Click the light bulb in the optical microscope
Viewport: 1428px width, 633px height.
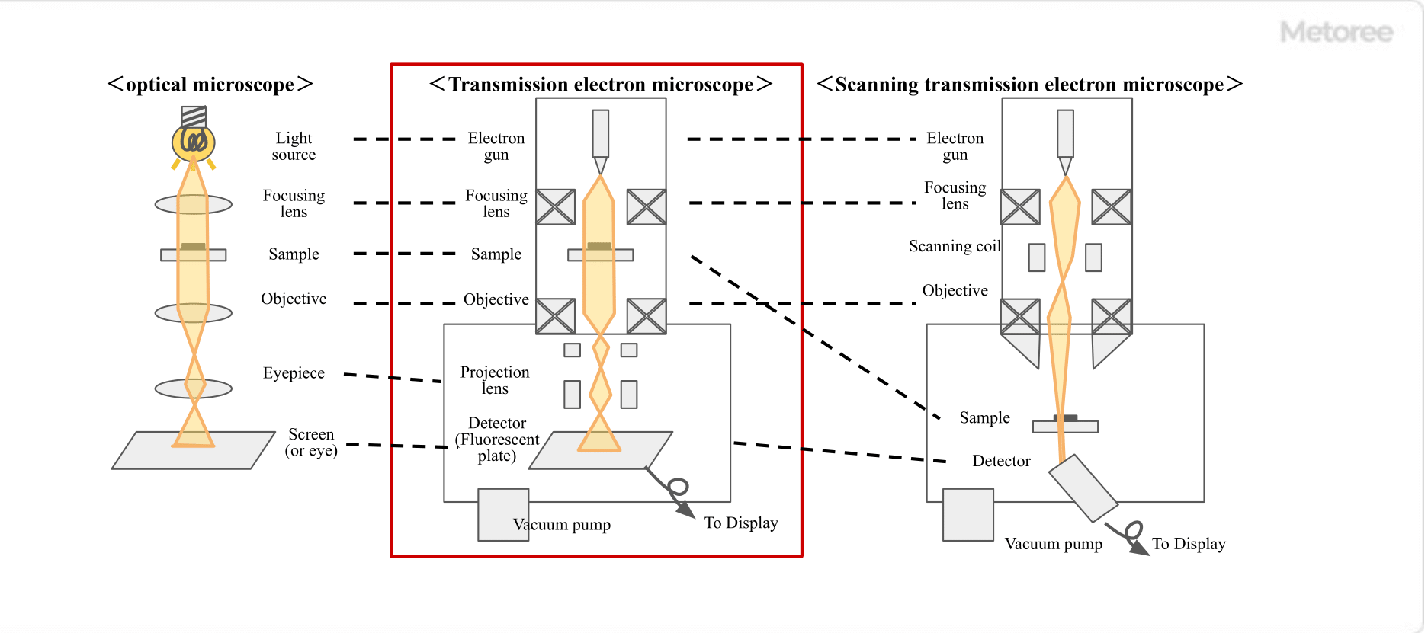tap(193, 141)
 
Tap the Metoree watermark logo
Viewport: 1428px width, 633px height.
tap(1337, 32)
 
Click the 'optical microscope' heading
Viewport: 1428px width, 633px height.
tap(210, 85)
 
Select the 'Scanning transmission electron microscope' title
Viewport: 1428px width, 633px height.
tap(1029, 85)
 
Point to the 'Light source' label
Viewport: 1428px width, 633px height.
tap(294, 146)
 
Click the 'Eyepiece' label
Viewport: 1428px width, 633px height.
tap(294, 373)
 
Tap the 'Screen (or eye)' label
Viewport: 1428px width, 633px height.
tap(310, 443)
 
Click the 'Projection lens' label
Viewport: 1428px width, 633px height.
tap(495, 380)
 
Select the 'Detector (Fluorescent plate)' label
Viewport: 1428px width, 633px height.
tap(496, 440)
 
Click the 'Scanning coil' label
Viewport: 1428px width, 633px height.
tap(955, 246)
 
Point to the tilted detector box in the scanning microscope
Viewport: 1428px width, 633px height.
tap(1083, 488)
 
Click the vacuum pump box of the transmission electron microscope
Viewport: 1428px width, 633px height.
tap(502, 514)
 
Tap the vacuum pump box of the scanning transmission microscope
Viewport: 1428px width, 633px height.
tap(968, 515)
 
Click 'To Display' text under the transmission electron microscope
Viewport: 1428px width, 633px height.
tap(741, 523)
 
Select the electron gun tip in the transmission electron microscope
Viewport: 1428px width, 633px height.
tap(601, 165)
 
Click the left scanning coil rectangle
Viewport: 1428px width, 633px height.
tap(1036, 257)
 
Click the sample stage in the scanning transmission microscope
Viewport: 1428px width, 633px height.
tap(1065, 427)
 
